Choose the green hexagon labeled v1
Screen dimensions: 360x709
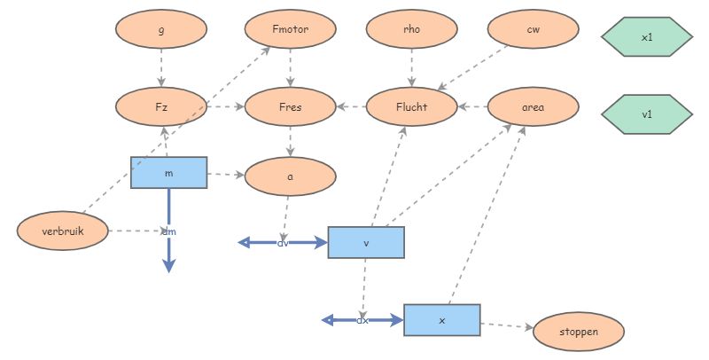[646, 114]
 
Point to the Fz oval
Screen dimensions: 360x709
[161, 107]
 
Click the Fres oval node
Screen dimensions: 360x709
[291, 107]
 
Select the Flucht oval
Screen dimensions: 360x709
[411, 107]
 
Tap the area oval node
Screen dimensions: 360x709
[534, 107]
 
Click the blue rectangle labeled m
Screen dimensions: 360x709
[168, 173]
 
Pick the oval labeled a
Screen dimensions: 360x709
[291, 176]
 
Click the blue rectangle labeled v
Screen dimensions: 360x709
[366, 242]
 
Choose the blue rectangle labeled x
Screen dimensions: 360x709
[441, 319]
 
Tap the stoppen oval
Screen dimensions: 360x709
[579, 332]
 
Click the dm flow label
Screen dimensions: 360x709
[168, 231]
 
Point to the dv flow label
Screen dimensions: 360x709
[284, 242]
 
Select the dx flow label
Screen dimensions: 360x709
[362, 319]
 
